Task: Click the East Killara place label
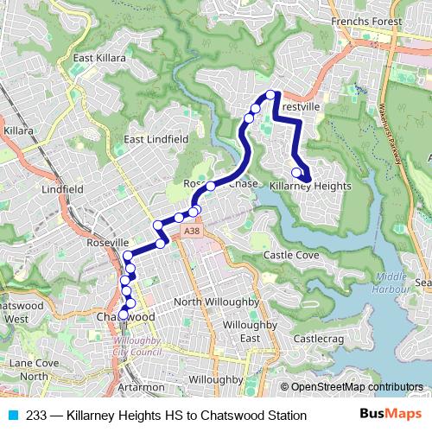click(x=99, y=59)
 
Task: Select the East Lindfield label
click(x=156, y=139)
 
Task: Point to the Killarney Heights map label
click(x=309, y=186)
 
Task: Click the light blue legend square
click(x=12, y=416)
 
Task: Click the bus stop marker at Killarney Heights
click(x=296, y=171)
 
